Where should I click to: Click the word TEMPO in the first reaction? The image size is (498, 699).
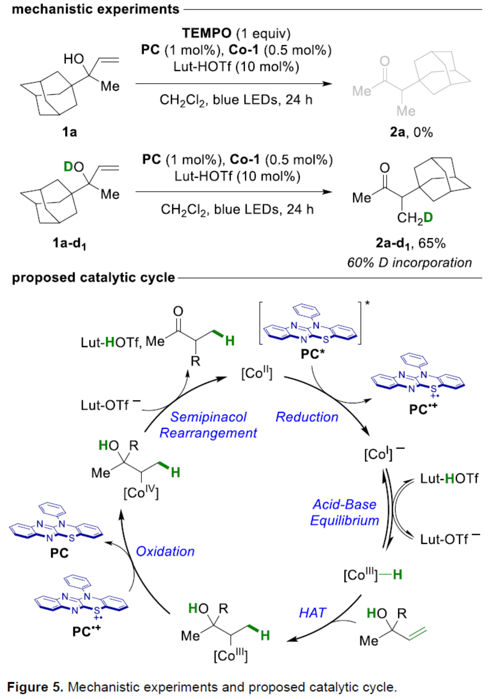click(x=206, y=33)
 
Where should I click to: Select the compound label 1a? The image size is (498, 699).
click(x=69, y=132)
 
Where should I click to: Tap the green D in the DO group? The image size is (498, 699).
click(x=68, y=166)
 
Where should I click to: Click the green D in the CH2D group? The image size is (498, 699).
click(x=428, y=218)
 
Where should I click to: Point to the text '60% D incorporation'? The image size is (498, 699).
click(x=409, y=263)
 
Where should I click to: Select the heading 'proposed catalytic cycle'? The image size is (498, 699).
click(x=93, y=277)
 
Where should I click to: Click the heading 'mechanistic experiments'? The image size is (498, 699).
click(x=96, y=9)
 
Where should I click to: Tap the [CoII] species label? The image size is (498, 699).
click(x=257, y=373)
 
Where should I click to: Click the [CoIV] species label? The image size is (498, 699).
click(x=141, y=493)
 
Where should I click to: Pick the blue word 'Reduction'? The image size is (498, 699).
click(x=307, y=417)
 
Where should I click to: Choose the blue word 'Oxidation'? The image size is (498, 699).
click(x=165, y=551)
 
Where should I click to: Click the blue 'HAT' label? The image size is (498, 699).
click(x=312, y=613)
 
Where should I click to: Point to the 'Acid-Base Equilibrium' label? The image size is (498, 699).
click(x=345, y=512)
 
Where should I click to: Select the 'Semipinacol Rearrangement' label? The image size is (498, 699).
click(x=208, y=425)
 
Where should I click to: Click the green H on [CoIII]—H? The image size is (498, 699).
click(x=397, y=575)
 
